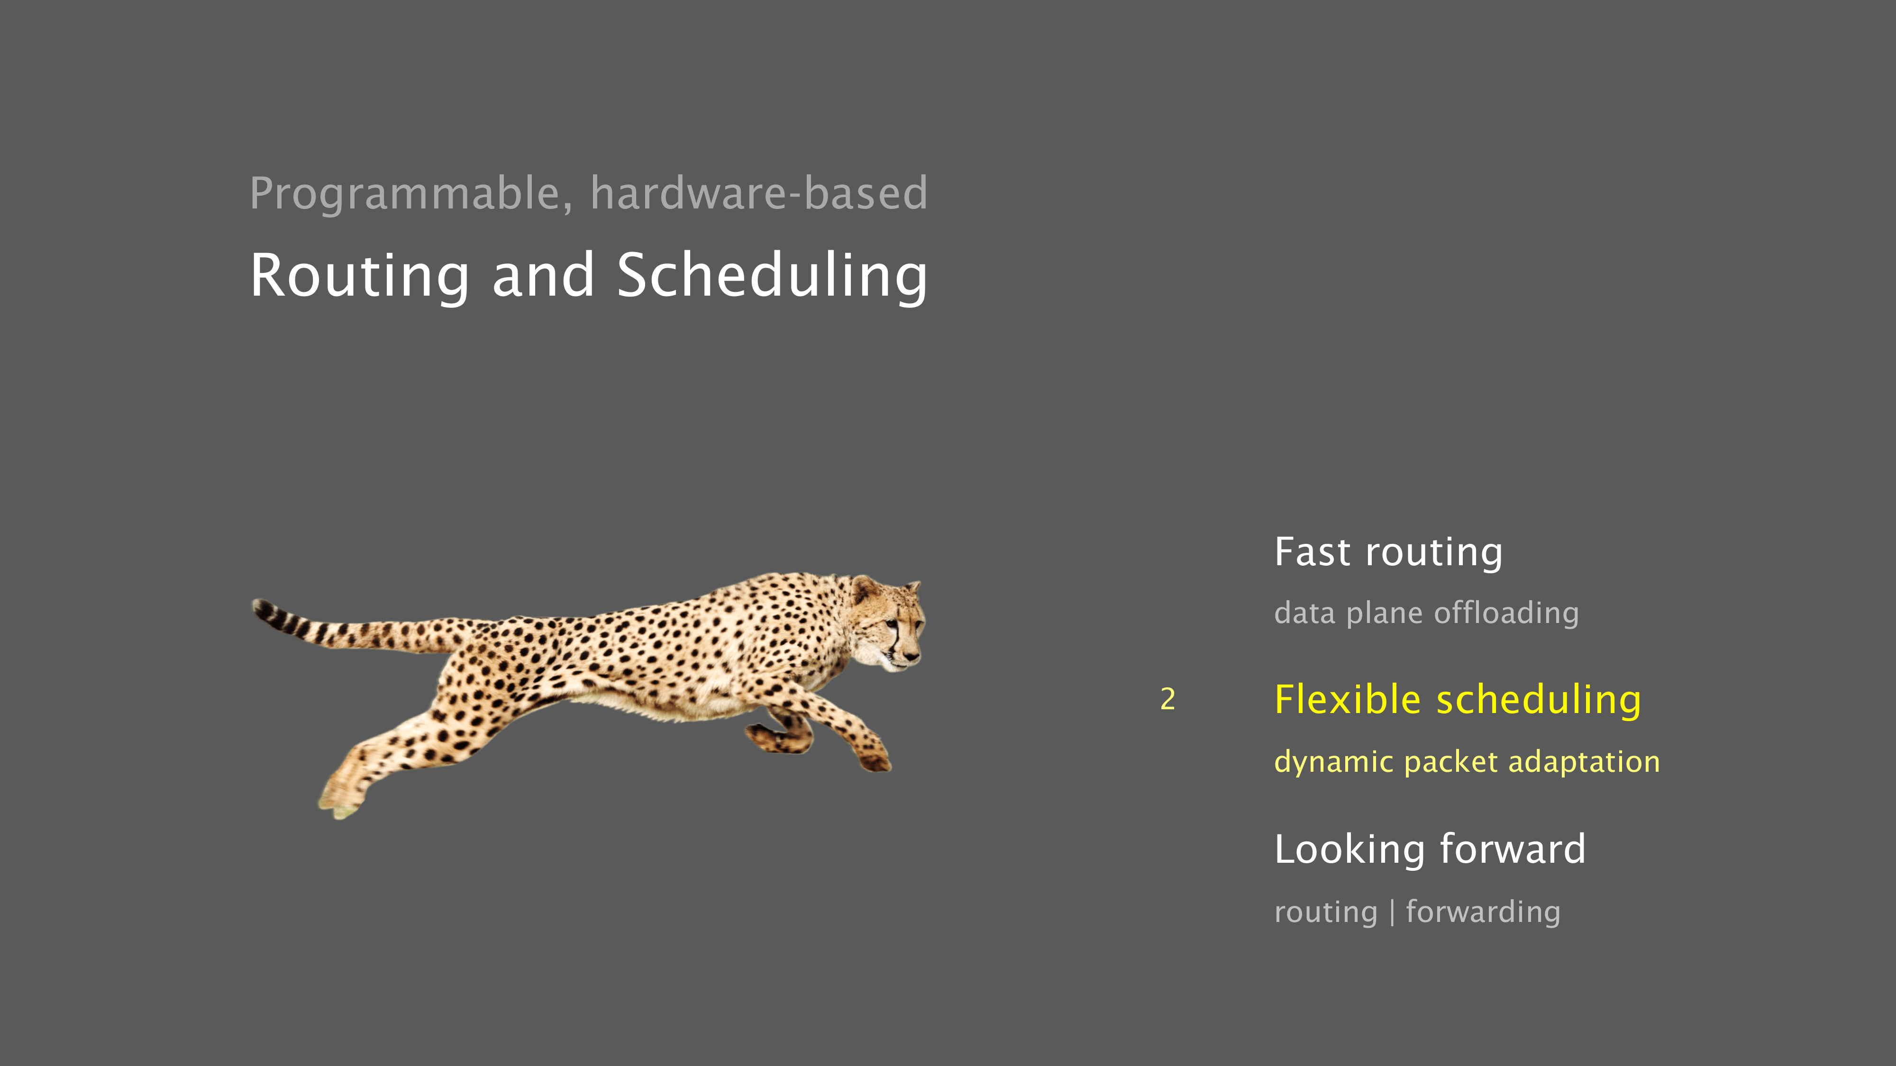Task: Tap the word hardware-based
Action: coord(759,193)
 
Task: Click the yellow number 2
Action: coord(1167,699)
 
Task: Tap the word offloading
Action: coord(1506,613)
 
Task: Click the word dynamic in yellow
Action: coord(1334,762)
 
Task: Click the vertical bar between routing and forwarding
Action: coord(1392,912)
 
